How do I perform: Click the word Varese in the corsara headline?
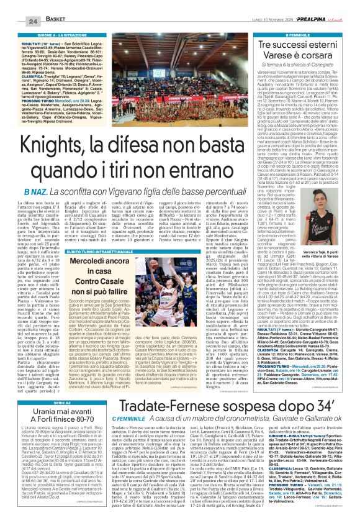[x=274, y=54]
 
